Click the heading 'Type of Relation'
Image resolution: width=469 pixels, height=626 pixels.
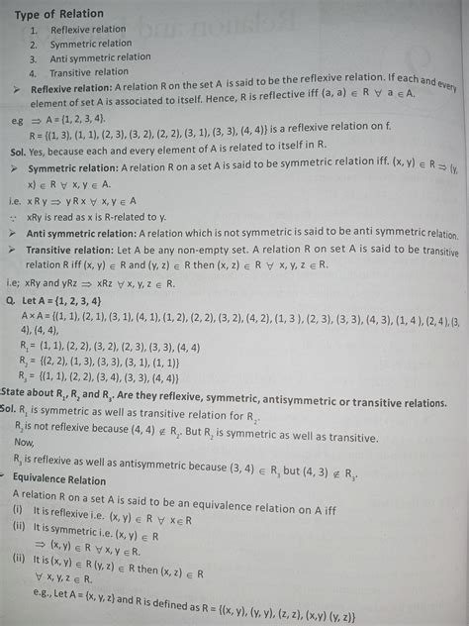tap(59, 13)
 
